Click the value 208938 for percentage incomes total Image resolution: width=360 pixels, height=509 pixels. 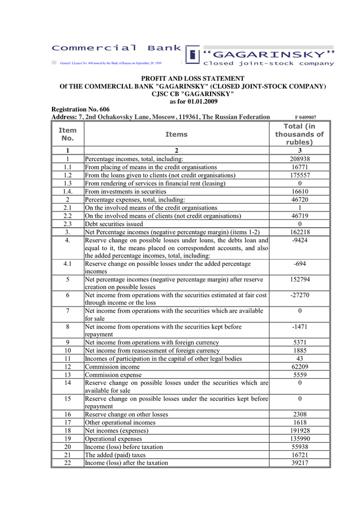299,159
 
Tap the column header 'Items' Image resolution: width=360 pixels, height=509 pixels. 176,135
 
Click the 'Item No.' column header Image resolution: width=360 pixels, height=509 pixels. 67,135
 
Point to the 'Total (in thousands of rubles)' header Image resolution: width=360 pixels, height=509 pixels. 299,135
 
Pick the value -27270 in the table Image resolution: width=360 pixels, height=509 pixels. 299,295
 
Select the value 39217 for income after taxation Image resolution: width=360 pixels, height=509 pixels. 299,463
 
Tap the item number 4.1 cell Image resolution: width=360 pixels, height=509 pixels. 67,264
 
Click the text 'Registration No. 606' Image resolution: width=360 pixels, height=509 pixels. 80,109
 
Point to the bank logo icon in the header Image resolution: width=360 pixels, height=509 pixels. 193,54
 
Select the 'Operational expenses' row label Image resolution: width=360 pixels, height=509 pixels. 114,438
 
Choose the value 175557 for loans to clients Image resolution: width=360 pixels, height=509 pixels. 299,175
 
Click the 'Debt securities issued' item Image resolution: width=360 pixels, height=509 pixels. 114,223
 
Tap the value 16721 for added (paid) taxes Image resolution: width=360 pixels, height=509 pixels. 299,455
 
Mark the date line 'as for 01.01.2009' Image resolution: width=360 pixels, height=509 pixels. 193,102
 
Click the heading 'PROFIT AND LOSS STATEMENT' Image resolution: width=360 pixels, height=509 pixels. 193,79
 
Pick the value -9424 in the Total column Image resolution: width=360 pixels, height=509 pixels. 299,240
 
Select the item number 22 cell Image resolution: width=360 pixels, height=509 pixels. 67,463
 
